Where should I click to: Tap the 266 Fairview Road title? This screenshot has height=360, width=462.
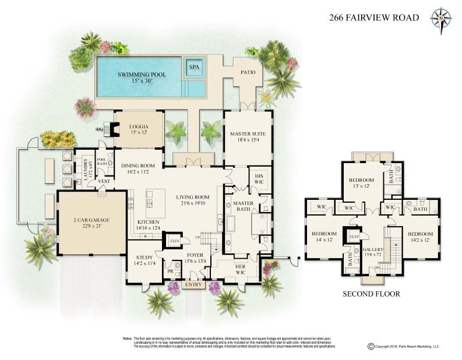point(374,17)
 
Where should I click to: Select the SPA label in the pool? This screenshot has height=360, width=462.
point(193,68)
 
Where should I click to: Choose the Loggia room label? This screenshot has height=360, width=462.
point(139,129)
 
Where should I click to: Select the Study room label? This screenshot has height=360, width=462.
point(144,259)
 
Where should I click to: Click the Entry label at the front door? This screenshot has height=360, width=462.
point(192,285)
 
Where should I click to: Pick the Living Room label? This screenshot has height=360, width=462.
point(192,200)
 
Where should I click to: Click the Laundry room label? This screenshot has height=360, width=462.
point(85,168)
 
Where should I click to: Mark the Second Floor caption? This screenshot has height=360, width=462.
point(372,294)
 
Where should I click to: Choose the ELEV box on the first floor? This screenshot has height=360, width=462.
point(174,240)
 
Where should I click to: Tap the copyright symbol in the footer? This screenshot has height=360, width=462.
point(371,346)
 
